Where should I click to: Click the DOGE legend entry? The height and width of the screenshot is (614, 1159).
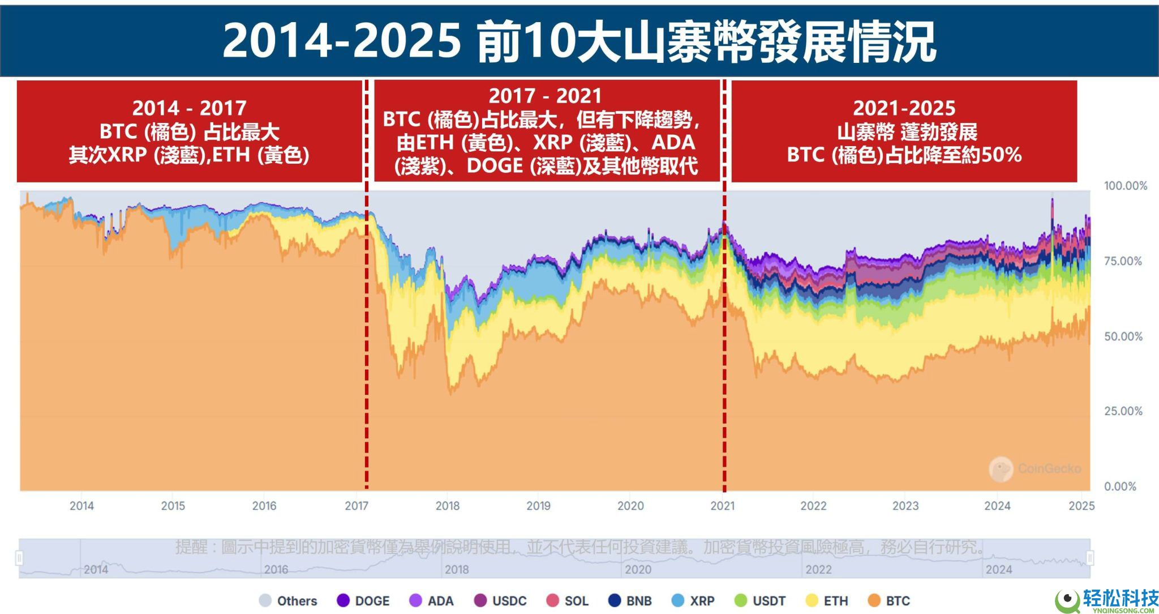363,601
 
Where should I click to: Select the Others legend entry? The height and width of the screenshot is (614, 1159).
288,601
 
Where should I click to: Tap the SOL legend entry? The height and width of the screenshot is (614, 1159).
568,601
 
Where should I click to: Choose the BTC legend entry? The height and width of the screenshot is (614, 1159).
889,601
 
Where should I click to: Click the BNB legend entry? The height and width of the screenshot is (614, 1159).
630,601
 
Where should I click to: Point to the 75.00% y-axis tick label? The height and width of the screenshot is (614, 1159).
1123,261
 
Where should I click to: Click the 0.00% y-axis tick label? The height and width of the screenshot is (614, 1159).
1120,487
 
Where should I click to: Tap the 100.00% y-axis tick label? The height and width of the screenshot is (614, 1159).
1125,186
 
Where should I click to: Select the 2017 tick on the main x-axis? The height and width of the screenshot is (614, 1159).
357,506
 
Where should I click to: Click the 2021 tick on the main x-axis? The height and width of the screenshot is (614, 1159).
722,506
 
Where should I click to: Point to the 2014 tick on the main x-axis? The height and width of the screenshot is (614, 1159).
81,506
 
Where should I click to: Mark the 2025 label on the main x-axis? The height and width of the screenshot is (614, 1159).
1081,506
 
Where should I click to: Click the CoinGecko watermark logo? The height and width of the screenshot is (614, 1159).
1001,469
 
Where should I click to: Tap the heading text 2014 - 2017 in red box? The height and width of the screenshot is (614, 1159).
189,108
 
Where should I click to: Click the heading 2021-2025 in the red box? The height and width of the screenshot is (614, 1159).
904,108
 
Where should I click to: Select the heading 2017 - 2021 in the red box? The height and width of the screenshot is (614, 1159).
545,95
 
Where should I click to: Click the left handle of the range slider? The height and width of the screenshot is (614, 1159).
19,558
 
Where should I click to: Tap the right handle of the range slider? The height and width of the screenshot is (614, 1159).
1090,558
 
